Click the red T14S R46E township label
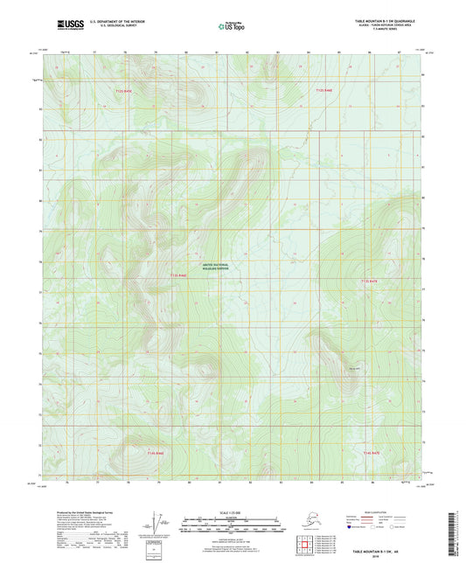click(156, 453)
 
